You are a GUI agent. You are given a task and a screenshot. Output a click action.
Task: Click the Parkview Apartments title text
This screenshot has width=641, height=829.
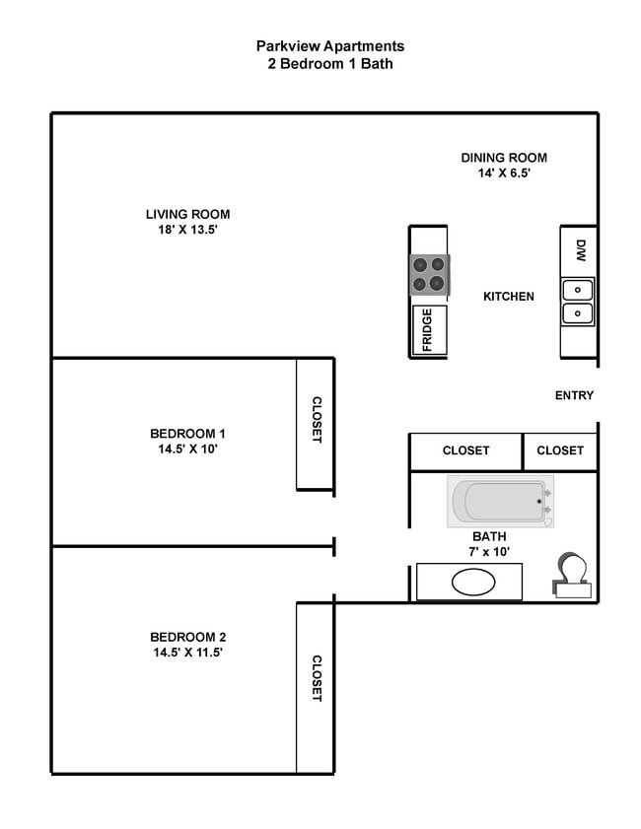click(330, 46)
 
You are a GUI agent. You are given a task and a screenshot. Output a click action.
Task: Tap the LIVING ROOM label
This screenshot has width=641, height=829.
click(187, 214)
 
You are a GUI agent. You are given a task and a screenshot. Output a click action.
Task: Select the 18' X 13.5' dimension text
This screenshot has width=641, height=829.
click(187, 231)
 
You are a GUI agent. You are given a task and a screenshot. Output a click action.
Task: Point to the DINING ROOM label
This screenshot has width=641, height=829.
click(504, 158)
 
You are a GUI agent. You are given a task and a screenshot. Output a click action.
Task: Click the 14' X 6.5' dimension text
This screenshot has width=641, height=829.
click(504, 173)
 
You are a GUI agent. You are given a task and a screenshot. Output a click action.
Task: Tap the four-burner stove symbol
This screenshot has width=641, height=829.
click(430, 274)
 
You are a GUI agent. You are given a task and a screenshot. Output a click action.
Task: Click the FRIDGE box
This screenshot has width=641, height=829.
click(429, 330)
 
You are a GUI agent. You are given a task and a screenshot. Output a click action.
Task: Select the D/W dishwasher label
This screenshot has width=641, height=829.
click(581, 250)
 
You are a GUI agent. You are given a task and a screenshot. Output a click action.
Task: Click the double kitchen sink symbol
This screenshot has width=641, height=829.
click(578, 302)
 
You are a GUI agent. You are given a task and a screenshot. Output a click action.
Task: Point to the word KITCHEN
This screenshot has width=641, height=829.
click(509, 296)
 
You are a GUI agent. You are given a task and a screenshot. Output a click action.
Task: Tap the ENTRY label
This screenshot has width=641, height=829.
click(575, 395)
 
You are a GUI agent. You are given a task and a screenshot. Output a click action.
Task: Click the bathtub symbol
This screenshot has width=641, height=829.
click(500, 502)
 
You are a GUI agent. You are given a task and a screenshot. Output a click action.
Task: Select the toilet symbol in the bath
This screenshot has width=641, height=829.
click(572, 575)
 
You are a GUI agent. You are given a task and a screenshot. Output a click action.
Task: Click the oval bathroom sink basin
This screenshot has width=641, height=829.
click(472, 582)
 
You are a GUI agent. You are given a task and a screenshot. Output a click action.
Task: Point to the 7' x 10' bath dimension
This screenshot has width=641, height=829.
click(490, 552)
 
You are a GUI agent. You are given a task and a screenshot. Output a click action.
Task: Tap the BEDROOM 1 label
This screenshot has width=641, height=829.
click(187, 433)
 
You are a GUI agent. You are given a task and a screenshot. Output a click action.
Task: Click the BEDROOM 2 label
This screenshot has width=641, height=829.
click(187, 636)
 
